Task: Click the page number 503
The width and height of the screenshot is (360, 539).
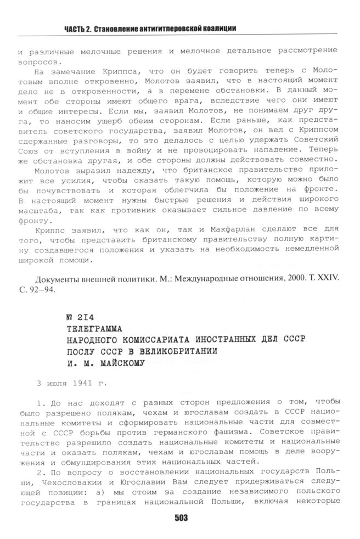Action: [x=181, y=517]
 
